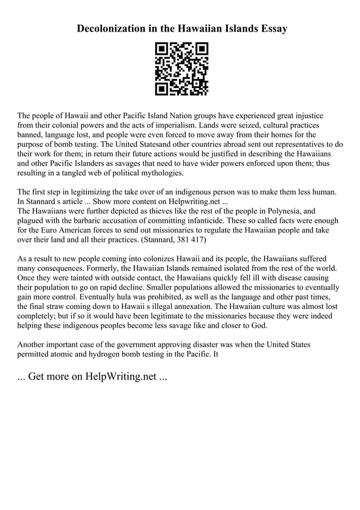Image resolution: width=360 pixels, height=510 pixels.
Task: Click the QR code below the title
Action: tap(181, 68)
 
